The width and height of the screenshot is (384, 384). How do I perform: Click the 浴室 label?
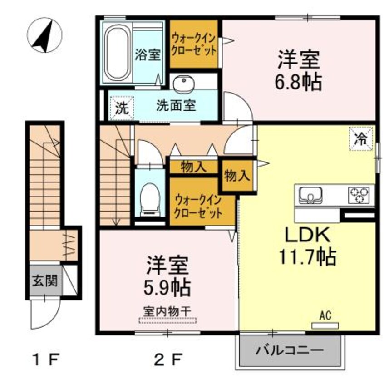[148, 55]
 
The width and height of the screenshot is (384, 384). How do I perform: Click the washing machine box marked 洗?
[121, 108]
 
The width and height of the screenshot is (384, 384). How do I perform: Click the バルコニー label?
[289, 351]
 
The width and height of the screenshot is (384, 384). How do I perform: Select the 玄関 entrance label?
[44, 281]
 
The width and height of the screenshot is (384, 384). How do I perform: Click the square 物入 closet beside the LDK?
[236, 175]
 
